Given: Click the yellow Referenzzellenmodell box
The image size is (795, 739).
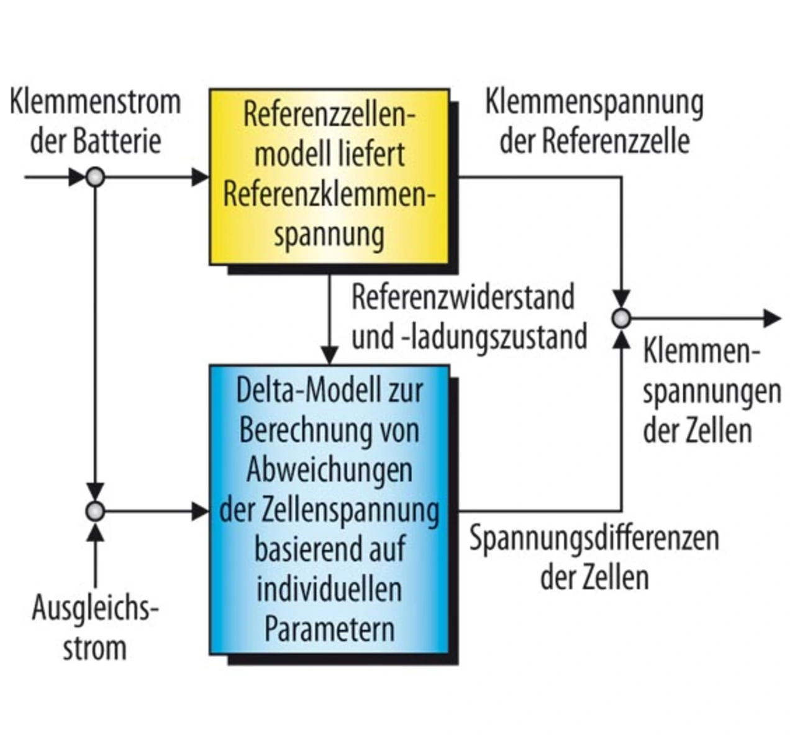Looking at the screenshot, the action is pyautogui.click(x=329, y=176).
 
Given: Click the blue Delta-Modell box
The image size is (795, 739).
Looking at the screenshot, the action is pyautogui.click(x=329, y=510).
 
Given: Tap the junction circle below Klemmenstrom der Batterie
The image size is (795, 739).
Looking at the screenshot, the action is pyautogui.click(x=95, y=177).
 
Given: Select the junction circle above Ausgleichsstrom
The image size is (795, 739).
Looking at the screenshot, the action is pyautogui.click(x=95, y=511).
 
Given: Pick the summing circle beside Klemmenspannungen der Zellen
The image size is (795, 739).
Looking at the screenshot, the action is pyautogui.click(x=621, y=319).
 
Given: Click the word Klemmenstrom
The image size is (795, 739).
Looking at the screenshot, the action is pyautogui.click(x=96, y=102).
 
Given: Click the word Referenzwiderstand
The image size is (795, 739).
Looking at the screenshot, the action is pyautogui.click(x=463, y=297).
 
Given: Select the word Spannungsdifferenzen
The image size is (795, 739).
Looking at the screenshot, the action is pyautogui.click(x=594, y=538).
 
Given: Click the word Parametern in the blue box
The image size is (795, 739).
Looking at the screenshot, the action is pyautogui.click(x=330, y=629).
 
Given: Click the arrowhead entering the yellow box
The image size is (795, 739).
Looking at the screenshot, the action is pyautogui.click(x=200, y=177).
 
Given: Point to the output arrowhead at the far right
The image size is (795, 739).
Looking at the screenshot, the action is pyautogui.click(x=773, y=319).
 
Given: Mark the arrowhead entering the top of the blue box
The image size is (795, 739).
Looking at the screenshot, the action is pyautogui.click(x=329, y=356).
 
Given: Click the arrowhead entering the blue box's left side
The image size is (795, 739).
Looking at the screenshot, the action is pyautogui.click(x=200, y=511).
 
